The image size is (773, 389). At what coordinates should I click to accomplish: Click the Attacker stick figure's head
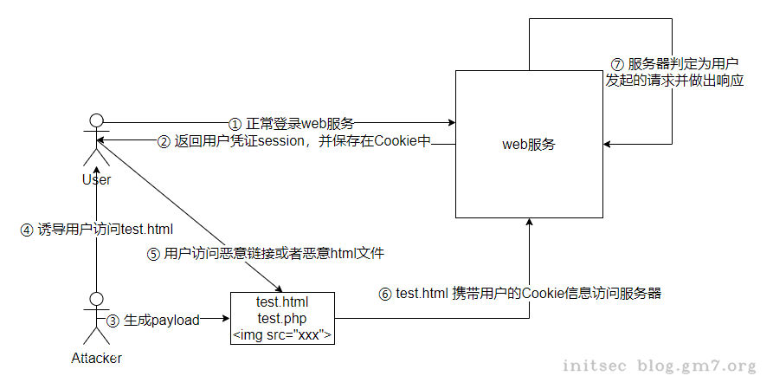(97, 299)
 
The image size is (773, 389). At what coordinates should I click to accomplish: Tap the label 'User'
(96, 179)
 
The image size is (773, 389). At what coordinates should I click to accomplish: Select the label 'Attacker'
(96, 358)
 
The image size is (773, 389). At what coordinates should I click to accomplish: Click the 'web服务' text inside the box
(529, 145)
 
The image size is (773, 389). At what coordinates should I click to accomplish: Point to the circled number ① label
(235, 123)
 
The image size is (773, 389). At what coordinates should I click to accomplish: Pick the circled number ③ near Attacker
(113, 320)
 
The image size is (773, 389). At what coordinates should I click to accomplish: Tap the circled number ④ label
(26, 230)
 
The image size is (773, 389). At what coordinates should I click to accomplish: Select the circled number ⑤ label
(153, 255)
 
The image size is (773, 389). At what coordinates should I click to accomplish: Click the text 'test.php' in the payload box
(281, 319)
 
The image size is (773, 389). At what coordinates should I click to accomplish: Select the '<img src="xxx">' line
(282, 335)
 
